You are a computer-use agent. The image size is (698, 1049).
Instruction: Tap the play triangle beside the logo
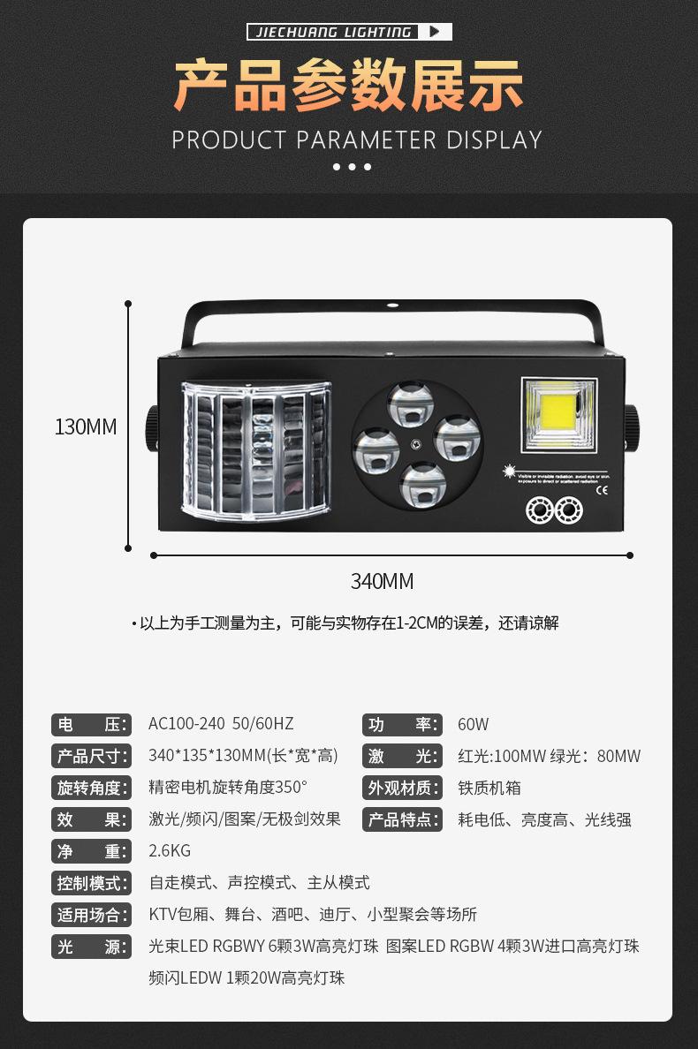(x=434, y=33)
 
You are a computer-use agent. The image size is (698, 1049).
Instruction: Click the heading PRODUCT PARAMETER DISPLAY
(x=356, y=140)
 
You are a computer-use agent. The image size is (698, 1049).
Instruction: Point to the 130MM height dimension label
(x=86, y=426)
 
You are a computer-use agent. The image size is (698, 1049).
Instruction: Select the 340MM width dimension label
(x=382, y=581)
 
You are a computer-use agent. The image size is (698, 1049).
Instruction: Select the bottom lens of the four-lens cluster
(x=422, y=486)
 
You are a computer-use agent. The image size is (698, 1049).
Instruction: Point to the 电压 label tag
(x=91, y=725)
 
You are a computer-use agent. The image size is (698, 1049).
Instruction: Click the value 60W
(x=473, y=725)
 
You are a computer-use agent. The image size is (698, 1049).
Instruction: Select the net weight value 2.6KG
(x=170, y=851)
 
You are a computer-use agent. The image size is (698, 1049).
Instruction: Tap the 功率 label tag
(x=401, y=725)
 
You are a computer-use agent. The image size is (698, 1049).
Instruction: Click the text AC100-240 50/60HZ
(x=221, y=725)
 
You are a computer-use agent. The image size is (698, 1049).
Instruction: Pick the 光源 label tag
(x=91, y=947)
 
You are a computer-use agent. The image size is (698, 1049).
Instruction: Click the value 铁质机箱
(x=489, y=789)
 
